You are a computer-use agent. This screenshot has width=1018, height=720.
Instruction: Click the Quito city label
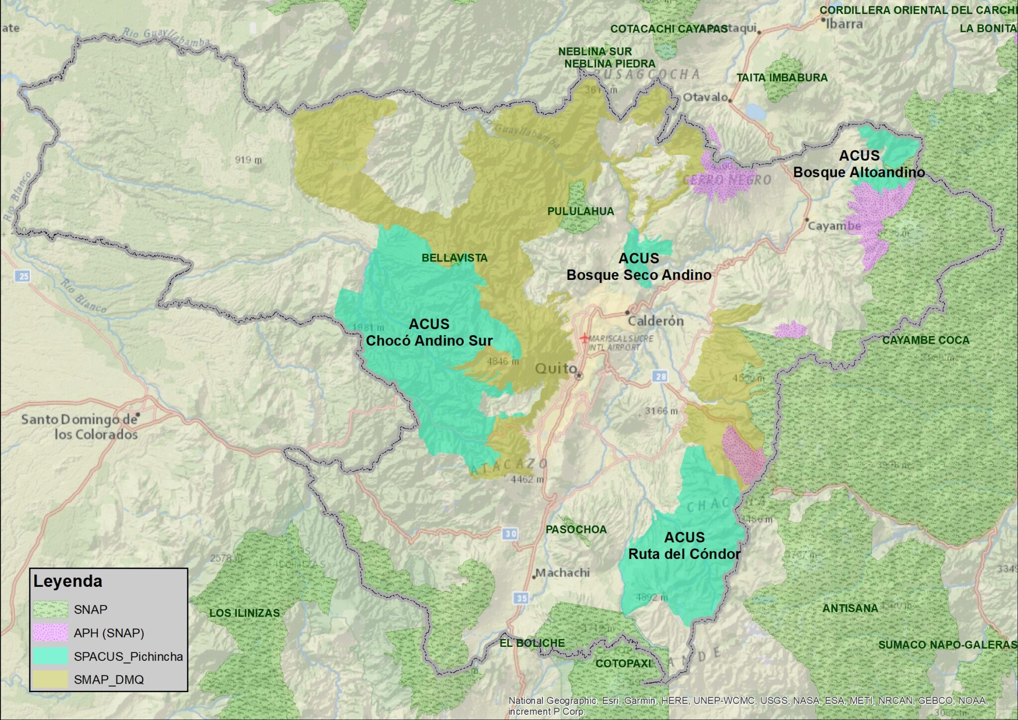pyautogui.click(x=555, y=368)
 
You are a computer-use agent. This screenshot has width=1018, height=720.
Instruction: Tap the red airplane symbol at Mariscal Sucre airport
pyautogui.click(x=585, y=339)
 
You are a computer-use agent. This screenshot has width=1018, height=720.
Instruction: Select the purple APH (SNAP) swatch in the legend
pyautogui.click(x=50, y=633)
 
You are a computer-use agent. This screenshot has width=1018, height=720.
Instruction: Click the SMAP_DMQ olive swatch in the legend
pyautogui.click(x=50, y=680)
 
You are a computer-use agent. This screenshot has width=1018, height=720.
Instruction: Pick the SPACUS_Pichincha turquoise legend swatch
pyautogui.click(x=50, y=656)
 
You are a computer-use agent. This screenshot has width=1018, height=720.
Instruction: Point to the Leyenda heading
pyautogui.click(x=68, y=581)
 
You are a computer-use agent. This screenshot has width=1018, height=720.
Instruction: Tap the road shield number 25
pyautogui.click(x=23, y=275)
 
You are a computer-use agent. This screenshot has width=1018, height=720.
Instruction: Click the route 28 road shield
pyautogui.click(x=661, y=376)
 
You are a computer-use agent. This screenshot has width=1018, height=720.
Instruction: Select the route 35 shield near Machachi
pyautogui.click(x=521, y=598)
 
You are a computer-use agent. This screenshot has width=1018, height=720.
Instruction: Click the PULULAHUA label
pyautogui.click(x=581, y=211)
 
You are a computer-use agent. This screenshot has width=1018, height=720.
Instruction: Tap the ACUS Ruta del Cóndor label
pyautogui.click(x=684, y=546)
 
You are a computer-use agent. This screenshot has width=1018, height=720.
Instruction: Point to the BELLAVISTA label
pyautogui.click(x=454, y=258)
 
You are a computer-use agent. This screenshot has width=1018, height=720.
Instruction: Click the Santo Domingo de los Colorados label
pyautogui.click(x=80, y=427)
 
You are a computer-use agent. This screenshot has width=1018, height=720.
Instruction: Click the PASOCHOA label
pyautogui.click(x=576, y=530)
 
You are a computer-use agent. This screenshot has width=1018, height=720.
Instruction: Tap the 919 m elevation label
pyautogui.click(x=249, y=160)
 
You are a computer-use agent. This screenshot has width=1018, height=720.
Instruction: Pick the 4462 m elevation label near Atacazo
pyautogui.click(x=527, y=479)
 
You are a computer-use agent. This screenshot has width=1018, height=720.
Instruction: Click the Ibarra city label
pyautogui.click(x=844, y=24)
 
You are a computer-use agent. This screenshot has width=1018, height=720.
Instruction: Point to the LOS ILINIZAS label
pyautogui.click(x=245, y=613)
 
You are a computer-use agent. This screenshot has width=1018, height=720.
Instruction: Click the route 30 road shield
pyautogui.click(x=510, y=534)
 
